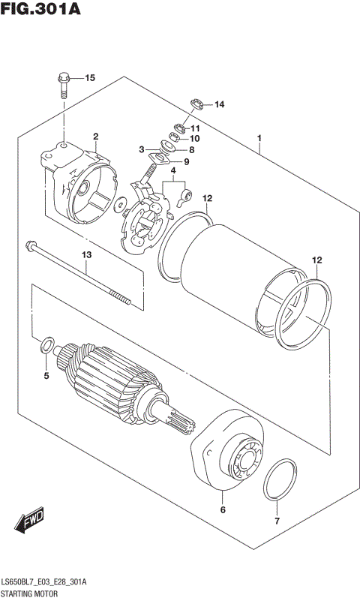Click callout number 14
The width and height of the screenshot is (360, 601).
coord(219,104)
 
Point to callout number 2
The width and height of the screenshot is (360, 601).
coord(96,136)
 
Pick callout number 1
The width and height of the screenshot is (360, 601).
coord(259,139)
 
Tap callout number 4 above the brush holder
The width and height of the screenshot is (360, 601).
coord(173,170)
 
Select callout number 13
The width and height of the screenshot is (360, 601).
coord(86,256)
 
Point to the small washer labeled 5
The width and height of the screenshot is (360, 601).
coord(46,347)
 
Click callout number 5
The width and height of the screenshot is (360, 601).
coord(46,375)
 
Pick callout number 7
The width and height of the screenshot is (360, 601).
coord(276,521)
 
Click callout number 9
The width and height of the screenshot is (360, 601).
coord(186,161)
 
